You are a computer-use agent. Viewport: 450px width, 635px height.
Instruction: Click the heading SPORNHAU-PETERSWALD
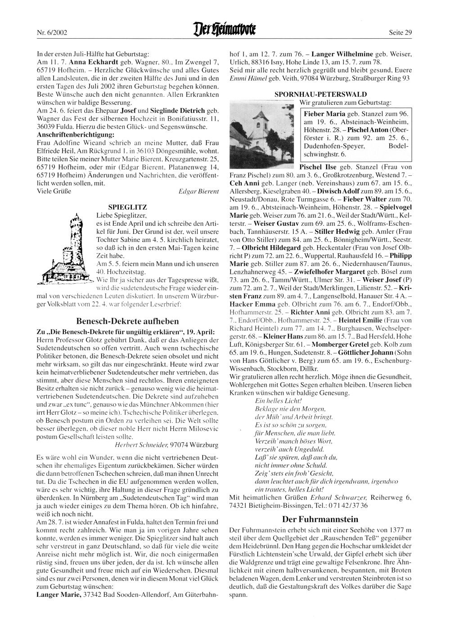pos(320,94)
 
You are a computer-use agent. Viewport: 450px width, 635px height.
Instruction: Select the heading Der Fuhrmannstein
pos(320,519)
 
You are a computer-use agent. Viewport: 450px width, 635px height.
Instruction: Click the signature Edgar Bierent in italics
pos(198,191)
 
